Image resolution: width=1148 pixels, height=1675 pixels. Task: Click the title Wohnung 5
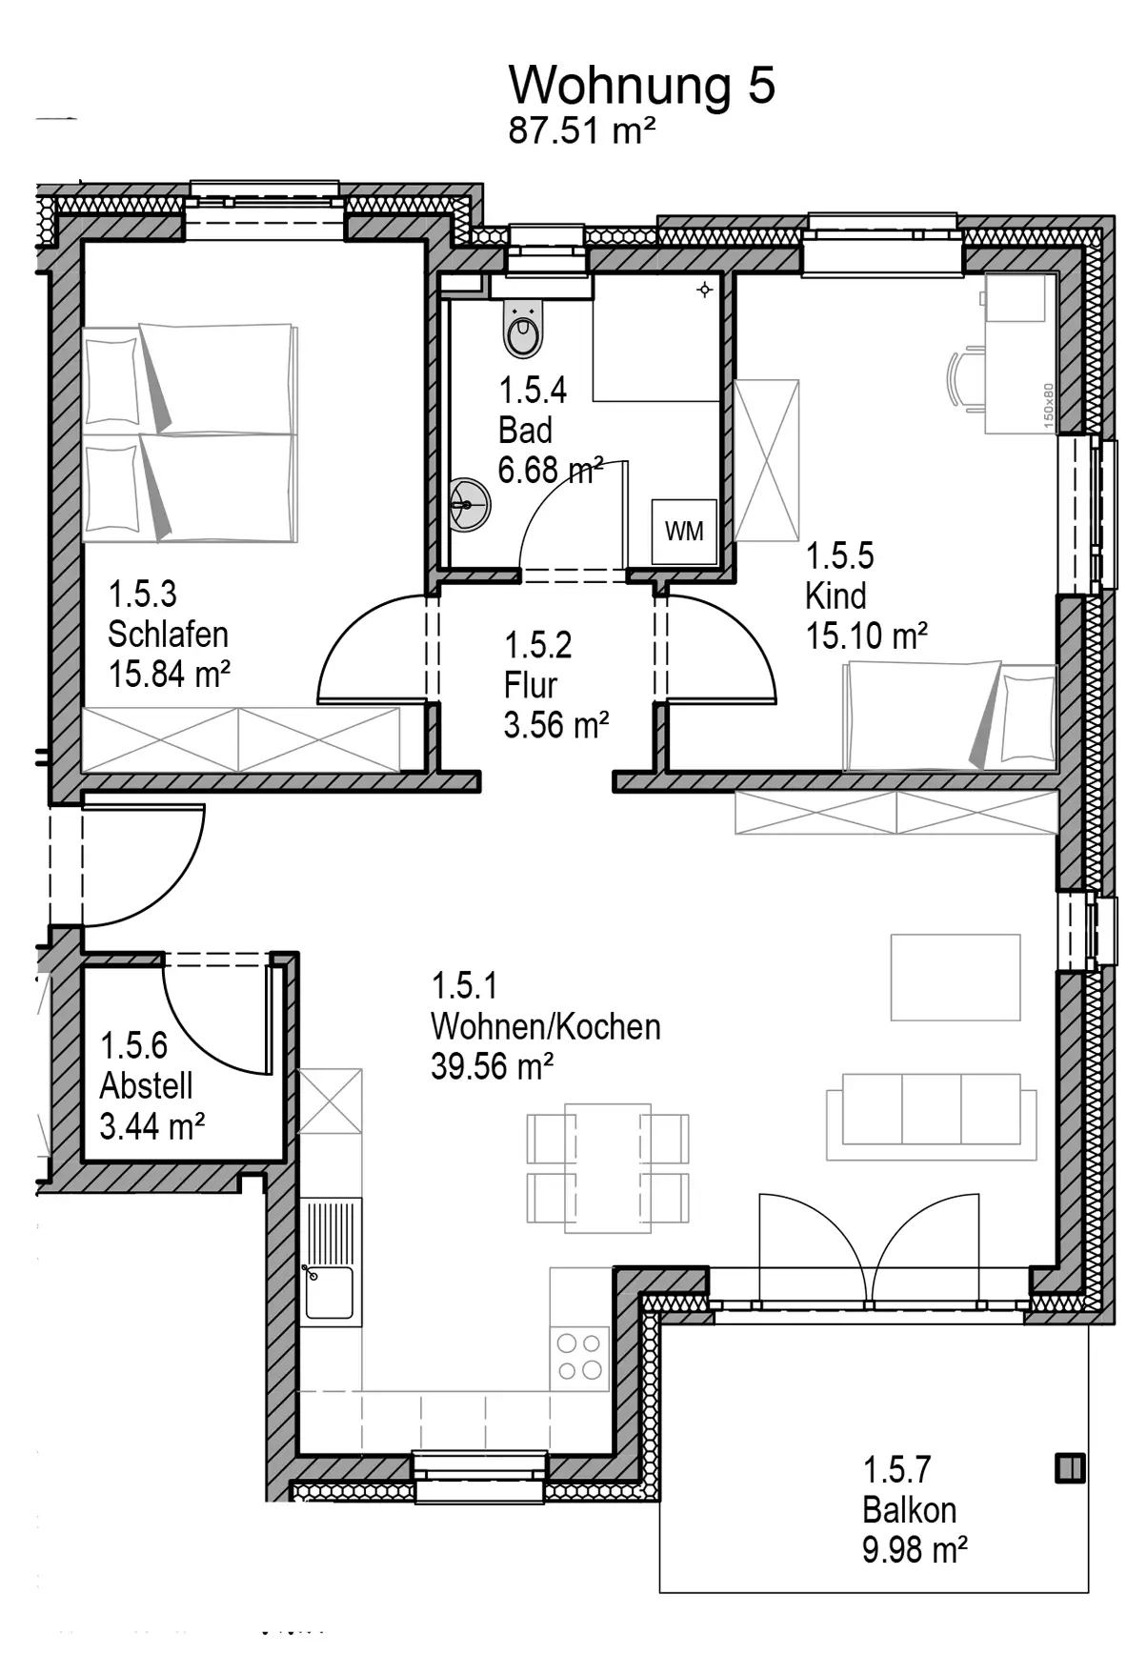[642, 85]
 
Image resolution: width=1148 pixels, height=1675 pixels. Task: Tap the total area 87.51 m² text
[581, 131]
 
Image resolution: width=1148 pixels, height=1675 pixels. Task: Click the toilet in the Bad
[522, 328]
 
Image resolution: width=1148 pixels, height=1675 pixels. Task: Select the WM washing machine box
[684, 531]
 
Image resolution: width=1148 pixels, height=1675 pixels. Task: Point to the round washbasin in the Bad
[470, 504]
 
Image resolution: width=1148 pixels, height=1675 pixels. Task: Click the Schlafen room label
[168, 635]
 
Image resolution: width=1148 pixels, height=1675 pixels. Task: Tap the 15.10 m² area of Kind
[866, 636]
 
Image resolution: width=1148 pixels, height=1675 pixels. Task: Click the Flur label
[530, 685]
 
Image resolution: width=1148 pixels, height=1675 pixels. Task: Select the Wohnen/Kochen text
[545, 1026]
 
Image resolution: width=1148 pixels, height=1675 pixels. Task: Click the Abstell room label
[146, 1085]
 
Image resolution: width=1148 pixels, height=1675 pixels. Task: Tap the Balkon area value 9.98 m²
[915, 1550]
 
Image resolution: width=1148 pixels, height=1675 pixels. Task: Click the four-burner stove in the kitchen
[579, 1358]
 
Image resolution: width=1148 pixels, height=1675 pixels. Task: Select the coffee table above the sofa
[956, 978]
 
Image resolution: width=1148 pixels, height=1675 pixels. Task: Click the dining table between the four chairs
[608, 1168]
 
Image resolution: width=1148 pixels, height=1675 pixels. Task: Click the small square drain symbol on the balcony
[1071, 1468]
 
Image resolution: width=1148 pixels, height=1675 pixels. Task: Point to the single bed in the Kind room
[950, 716]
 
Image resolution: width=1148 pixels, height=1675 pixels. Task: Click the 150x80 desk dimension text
[1048, 405]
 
